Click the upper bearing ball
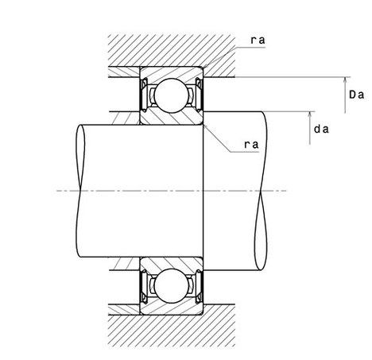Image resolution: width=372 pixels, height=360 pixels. coord(172,95)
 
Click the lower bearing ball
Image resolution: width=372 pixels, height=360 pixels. coord(172,286)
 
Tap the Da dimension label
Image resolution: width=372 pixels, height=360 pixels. coord(356,95)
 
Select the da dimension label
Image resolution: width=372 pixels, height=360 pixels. coord(321,130)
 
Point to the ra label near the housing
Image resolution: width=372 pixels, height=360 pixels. coord(258,41)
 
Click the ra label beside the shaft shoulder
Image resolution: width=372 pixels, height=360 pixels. coord(251,145)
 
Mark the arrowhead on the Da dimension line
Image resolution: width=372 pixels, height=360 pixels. coord(345,80)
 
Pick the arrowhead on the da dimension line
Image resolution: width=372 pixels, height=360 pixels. coord(310,114)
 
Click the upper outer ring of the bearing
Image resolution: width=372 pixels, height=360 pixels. coord(171,72)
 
